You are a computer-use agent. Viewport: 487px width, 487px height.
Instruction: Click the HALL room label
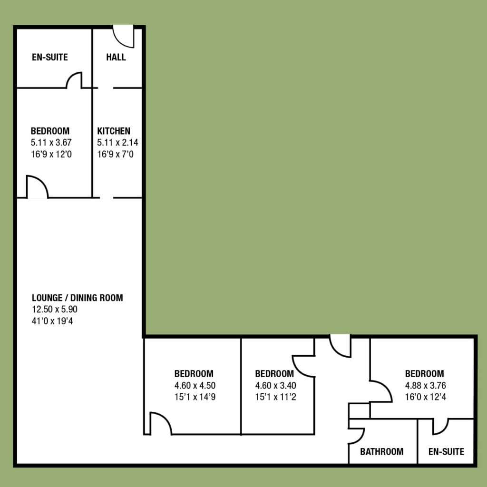point(116,57)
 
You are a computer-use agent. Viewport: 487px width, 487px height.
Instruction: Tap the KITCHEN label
point(114,131)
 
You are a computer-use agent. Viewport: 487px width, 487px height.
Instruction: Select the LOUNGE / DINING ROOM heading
point(78,298)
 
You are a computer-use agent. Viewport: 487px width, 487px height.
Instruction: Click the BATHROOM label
point(382,452)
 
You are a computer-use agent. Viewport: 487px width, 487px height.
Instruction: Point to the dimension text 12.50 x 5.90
point(55,309)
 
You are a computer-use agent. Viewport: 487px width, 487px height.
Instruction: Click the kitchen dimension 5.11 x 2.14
point(117,143)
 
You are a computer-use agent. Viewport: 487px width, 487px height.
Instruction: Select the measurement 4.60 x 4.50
point(195,385)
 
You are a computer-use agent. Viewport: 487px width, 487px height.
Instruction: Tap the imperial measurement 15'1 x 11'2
point(275,397)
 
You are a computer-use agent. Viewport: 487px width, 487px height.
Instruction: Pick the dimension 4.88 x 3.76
point(426,385)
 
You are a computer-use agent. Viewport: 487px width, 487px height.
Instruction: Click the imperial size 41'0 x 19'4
point(52,321)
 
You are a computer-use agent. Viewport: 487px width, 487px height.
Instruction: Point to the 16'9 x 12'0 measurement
point(51,155)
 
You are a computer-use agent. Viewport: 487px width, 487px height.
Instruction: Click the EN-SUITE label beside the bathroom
point(446,452)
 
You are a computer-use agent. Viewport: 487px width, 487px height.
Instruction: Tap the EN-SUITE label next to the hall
point(49,57)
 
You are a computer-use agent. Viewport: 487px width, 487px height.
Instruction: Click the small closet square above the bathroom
point(360,411)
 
